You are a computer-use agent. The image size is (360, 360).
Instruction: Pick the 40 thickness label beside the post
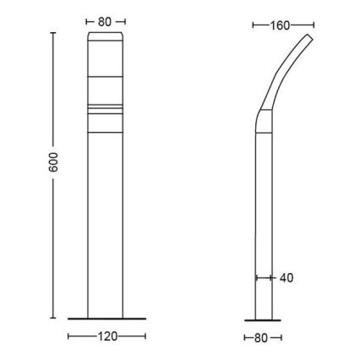tap(286, 277)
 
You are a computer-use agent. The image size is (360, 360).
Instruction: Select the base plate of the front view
tap(106, 319)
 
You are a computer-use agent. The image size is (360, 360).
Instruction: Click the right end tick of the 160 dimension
tap(314, 25)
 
